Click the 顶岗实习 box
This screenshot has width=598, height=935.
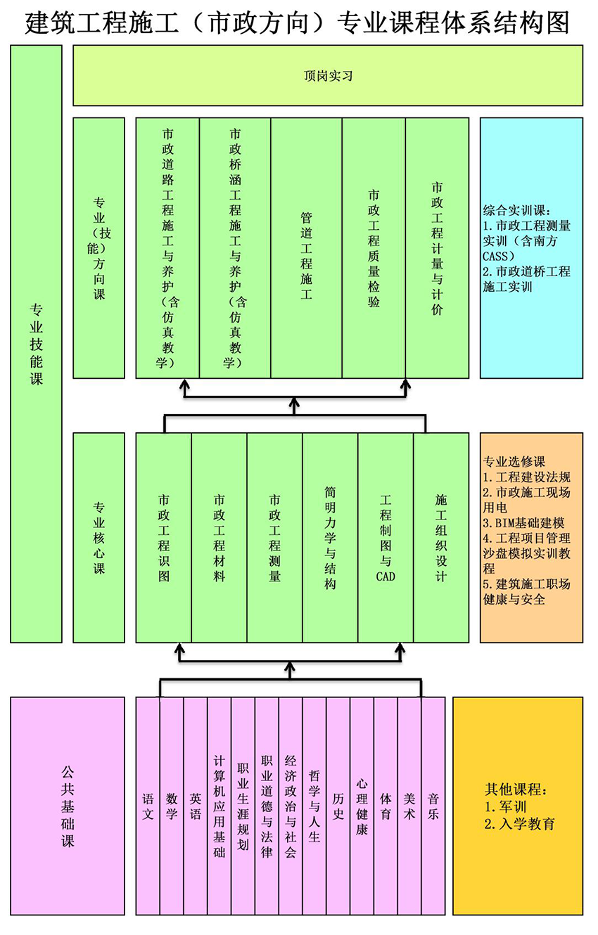click(328, 75)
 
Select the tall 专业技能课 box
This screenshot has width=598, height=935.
click(36, 344)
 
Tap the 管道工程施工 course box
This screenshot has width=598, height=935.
click(306, 247)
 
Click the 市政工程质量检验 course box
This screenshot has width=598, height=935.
click(374, 247)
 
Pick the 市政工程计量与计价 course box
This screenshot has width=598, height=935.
click(437, 247)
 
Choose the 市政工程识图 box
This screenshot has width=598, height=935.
click(163, 537)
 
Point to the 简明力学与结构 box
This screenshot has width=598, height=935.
click(330, 537)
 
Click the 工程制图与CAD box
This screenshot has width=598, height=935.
click(386, 537)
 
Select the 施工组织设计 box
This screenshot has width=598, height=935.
click(441, 537)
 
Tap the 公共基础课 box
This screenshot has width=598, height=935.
click(68, 806)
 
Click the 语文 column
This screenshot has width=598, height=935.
click(148, 806)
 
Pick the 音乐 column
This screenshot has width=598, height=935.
click(433, 806)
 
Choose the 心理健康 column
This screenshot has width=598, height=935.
click(362, 806)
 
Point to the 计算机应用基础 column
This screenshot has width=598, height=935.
click(219, 806)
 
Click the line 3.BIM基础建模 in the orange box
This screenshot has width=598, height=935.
click(523, 523)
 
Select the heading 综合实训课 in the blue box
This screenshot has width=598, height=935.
click(517, 210)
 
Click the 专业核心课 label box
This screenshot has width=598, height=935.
click(99, 537)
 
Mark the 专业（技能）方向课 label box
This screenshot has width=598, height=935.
click(99, 247)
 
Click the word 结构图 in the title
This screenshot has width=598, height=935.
click(537, 23)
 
